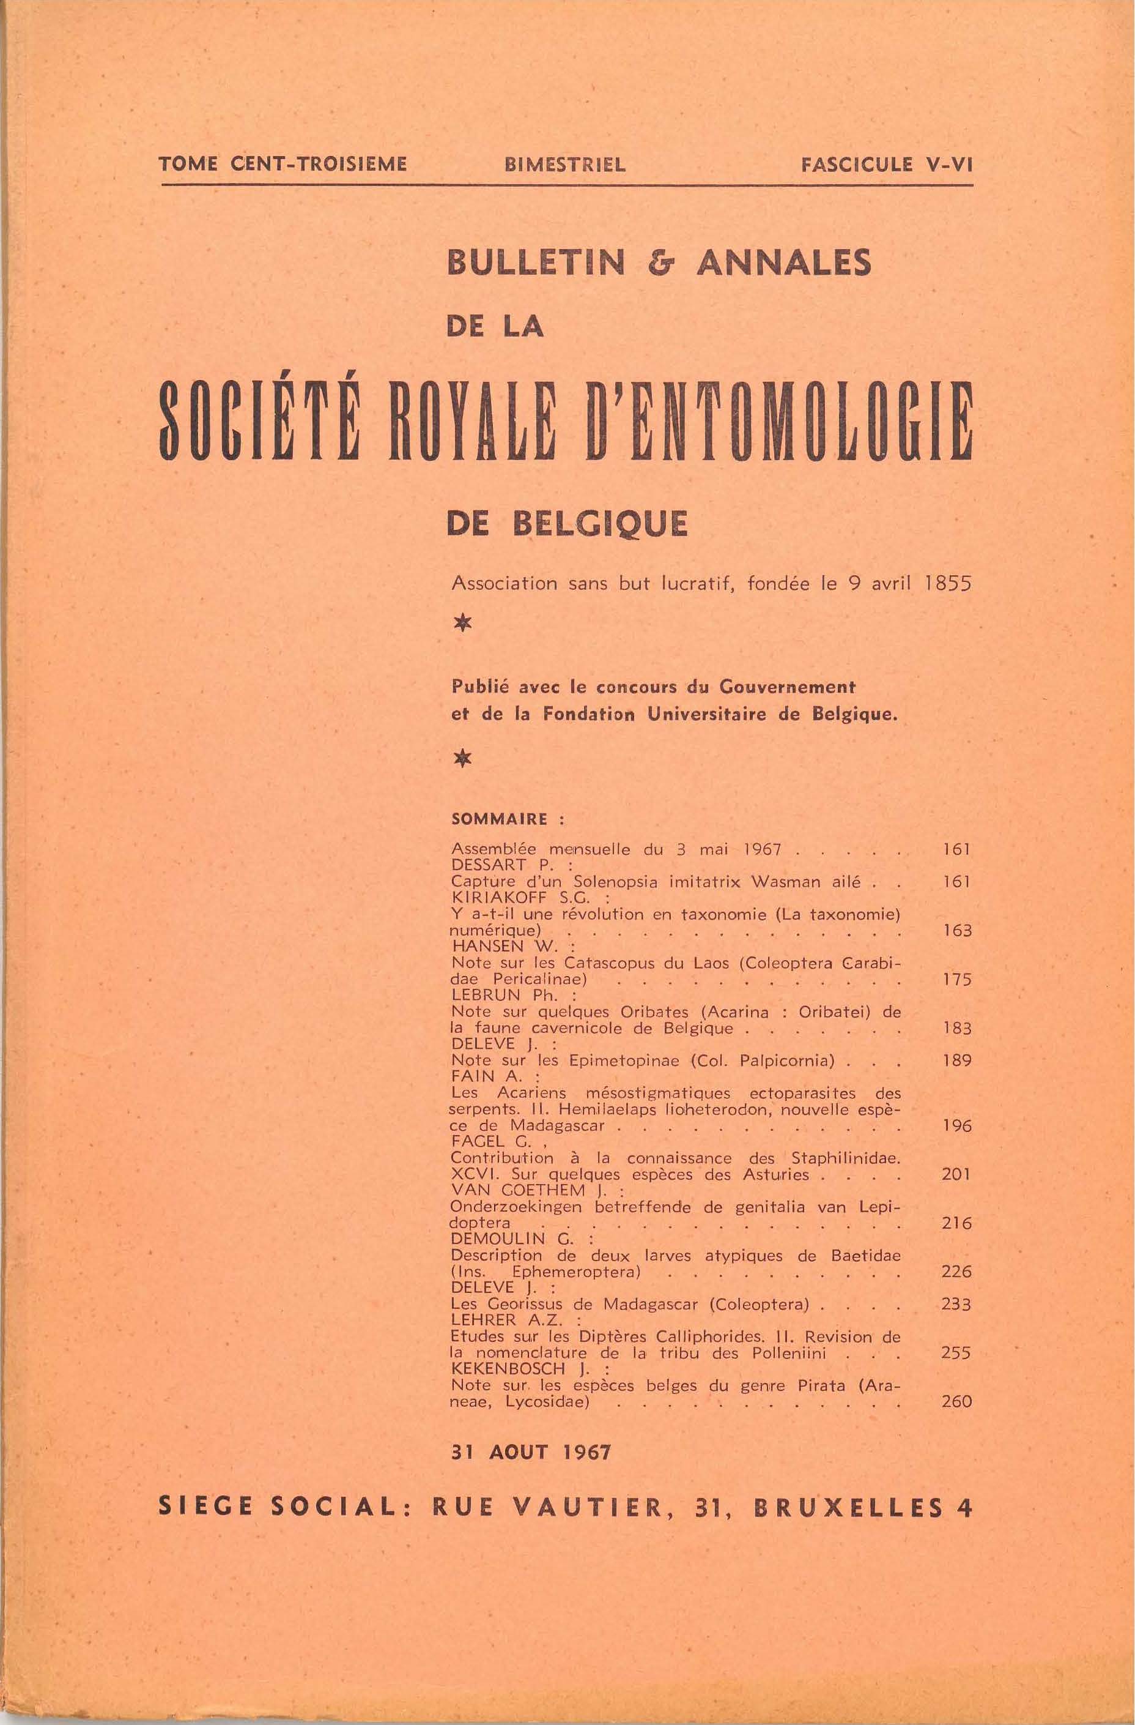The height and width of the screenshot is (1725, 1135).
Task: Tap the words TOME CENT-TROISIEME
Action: tap(283, 165)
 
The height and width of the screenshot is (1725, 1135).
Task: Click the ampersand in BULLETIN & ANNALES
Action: tap(660, 264)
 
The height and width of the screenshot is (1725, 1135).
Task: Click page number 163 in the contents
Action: tap(956, 931)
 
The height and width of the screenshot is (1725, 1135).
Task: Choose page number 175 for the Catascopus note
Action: tap(956, 980)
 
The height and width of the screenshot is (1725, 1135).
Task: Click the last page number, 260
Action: tap(956, 1403)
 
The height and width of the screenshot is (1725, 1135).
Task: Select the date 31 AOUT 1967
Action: tap(531, 1453)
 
